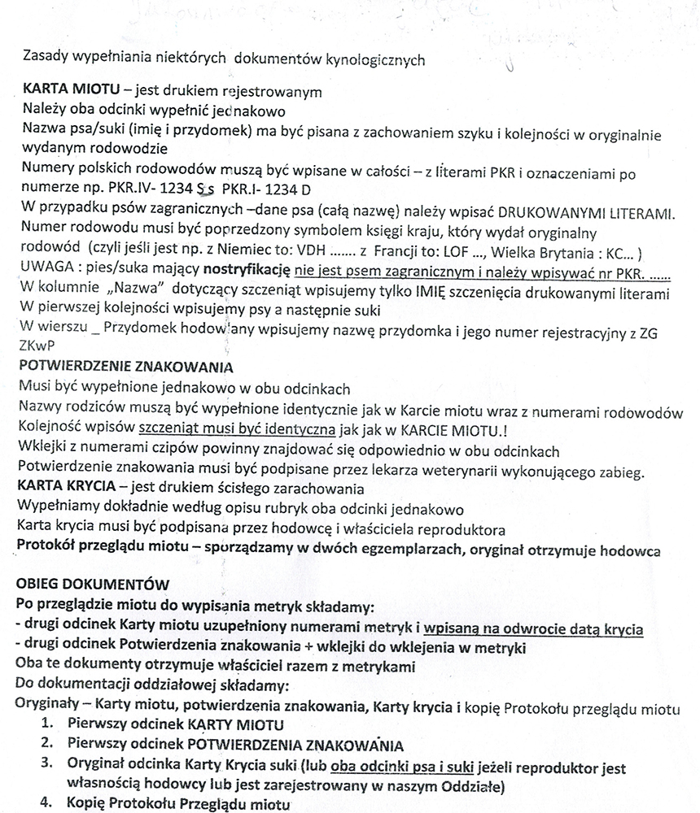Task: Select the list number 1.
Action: [x=48, y=724]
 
